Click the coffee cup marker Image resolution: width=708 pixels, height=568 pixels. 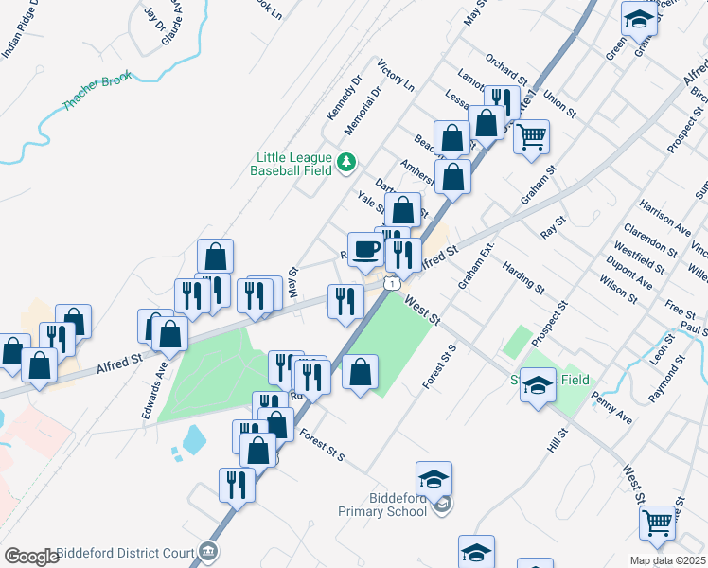tap(365, 250)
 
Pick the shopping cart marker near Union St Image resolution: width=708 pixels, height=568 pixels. tap(531, 136)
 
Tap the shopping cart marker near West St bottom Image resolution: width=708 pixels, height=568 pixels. tap(657, 521)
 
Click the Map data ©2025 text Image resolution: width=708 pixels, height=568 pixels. tap(667, 560)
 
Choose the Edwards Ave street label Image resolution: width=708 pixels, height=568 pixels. tap(153, 392)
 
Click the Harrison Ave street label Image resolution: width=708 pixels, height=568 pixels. tap(664, 217)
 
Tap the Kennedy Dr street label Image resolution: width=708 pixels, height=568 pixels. tap(345, 98)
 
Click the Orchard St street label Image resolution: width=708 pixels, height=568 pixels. tap(503, 68)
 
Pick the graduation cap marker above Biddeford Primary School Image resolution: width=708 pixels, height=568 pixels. tap(434, 479)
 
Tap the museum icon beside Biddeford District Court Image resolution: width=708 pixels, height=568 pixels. tap(209, 551)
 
